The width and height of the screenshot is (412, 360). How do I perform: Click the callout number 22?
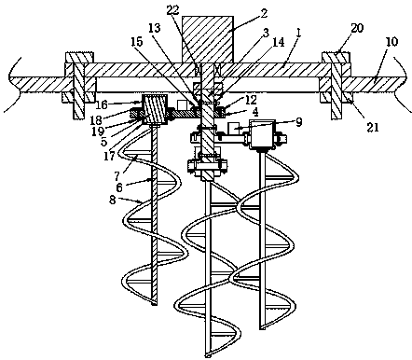172,10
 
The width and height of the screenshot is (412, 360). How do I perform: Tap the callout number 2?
264,13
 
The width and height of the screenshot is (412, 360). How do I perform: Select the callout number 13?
155,28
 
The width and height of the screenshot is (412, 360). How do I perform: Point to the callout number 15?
136,41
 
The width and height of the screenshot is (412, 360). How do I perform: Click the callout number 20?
357,28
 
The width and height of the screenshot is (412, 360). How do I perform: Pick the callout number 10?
392,42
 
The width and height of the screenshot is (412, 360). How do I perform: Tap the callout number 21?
373,127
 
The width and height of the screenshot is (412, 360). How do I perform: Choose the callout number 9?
298,122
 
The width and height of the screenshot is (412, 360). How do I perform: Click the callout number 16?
102,104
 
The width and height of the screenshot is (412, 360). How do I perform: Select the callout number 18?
95,120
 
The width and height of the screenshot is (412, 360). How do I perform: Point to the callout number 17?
109,156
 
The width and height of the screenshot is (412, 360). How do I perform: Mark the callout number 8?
113,200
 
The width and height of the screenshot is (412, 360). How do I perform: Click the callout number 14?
279,42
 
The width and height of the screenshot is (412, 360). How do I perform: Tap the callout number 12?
251,100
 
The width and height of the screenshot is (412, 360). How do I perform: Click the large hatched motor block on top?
207,40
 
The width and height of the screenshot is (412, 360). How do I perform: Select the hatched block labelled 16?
155,109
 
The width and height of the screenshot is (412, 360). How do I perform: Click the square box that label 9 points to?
263,133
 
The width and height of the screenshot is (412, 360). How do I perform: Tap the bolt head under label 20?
336,58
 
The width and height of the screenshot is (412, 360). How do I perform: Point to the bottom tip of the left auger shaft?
154,304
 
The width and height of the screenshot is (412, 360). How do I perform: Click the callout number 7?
117,176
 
